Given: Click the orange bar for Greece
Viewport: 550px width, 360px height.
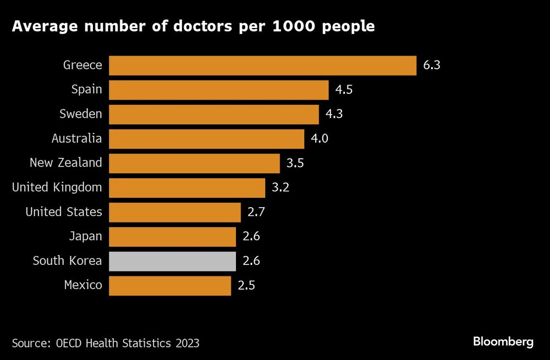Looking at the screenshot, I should [x=262, y=65].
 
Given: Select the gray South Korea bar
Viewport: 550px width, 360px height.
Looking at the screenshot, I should [x=172, y=261].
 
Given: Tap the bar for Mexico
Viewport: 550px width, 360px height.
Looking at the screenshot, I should [x=170, y=286].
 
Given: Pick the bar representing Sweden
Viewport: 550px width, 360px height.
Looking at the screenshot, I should [x=214, y=114].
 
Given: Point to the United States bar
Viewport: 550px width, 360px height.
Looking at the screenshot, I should [x=175, y=212].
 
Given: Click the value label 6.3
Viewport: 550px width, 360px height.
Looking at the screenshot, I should [x=432, y=65].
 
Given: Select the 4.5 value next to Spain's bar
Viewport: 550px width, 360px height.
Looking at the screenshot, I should [x=344, y=90].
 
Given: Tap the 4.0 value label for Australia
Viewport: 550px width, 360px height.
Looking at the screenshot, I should [x=320, y=139].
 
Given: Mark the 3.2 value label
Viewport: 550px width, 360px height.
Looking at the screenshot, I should [x=280, y=187].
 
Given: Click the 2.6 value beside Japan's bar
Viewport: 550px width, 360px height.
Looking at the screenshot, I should [x=251, y=237].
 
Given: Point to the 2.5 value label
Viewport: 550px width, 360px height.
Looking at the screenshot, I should [x=246, y=286].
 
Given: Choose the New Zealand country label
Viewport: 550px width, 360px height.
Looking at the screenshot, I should [x=66, y=163].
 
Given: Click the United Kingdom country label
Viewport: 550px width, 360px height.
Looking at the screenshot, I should [x=57, y=187].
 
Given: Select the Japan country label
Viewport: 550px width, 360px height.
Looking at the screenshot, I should [x=85, y=237].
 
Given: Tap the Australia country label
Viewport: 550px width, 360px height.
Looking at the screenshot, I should [x=76, y=139].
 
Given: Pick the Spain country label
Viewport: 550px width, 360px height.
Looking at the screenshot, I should [x=87, y=90].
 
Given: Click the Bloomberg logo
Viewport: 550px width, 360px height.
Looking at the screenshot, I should [x=503, y=342].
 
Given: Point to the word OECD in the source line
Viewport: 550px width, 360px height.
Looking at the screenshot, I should [x=69, y=344].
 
